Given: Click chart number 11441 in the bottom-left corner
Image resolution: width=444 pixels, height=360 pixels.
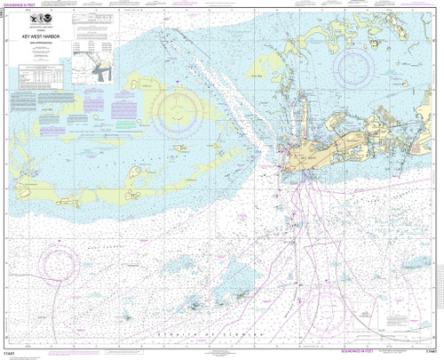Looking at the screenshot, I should point(13,353).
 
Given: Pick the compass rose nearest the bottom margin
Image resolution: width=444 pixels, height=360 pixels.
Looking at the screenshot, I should point(321,310).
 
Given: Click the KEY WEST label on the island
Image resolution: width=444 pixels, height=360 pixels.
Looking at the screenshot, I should point(306,154).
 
